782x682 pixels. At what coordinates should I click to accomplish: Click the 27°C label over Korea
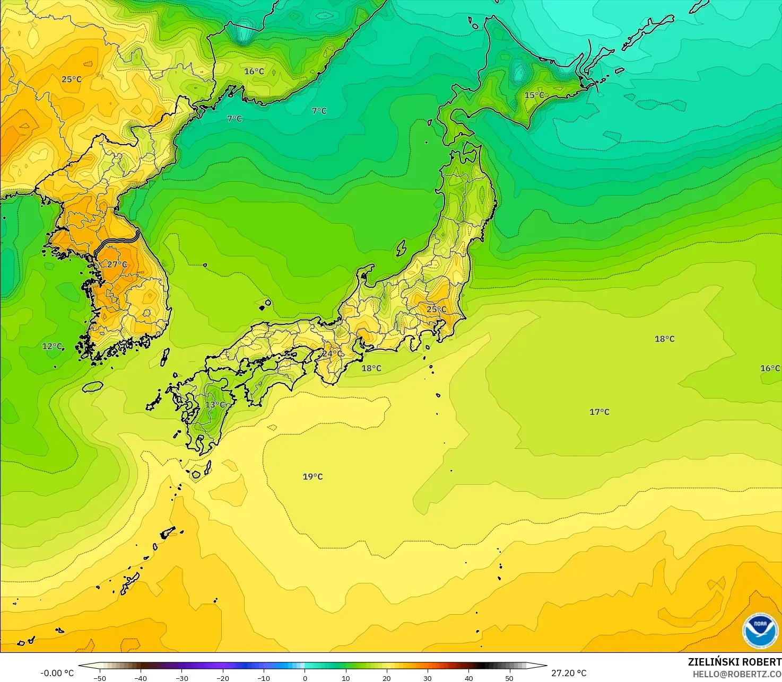tap(117, 264)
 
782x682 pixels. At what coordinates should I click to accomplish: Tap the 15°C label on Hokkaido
tap(534, 95)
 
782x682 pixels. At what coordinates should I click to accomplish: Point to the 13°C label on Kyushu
tap(215, 405)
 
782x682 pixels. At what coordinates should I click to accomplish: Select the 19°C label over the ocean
tap(312, 476)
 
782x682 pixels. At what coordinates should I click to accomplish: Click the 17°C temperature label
tap(599, 412)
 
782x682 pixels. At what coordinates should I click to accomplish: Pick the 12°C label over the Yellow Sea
tap(52, 346)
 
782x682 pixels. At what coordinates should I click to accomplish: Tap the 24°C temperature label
tap(332, 353)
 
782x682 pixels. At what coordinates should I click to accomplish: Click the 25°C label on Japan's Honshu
tap(437, 309)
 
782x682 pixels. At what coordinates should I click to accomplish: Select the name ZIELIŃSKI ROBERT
tap(734, 662)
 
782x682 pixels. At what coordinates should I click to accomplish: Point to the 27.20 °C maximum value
tap(569, 673)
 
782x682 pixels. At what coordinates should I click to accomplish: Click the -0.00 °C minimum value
tap(57, 673)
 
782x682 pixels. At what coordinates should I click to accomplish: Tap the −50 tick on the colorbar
tap(99, 678)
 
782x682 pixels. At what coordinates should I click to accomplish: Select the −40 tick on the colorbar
tap(141, 678)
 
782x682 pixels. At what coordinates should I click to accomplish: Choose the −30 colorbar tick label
tap(181, 678)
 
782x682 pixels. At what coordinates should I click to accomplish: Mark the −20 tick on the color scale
tap(223, 678)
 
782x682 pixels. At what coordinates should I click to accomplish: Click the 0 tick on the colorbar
tap(305, 678)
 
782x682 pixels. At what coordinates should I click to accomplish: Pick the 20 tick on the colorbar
tap(387, 678)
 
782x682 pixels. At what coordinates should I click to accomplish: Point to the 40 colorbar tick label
tap(469, 678)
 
